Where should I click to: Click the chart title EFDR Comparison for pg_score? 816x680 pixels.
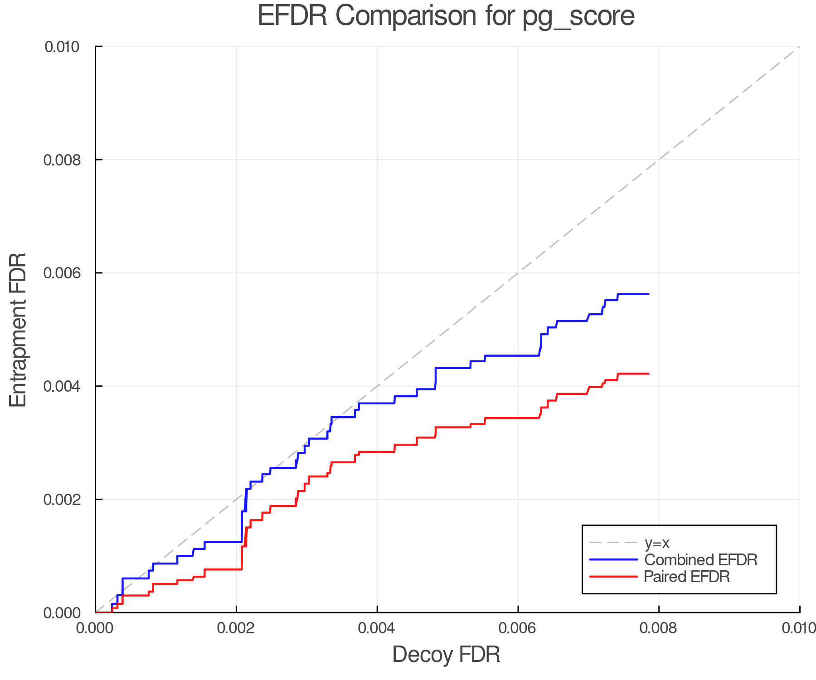point(446,16)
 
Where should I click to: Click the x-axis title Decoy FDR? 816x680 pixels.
point(446,655)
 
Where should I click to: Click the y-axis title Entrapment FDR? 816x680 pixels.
point(18,330)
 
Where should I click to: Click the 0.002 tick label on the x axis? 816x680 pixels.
point(236,628)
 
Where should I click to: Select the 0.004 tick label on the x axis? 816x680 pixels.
point(377,628)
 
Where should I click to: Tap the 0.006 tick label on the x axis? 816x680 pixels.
point(518,628)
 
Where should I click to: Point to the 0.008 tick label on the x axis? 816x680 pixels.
point(659,628)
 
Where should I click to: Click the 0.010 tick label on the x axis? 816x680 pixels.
point(799,628)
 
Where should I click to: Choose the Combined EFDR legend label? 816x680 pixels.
point(701,560)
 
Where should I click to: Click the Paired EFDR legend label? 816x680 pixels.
point(687,577)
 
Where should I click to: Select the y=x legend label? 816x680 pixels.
point(657,543)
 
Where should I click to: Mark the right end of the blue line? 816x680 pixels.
point(649,294)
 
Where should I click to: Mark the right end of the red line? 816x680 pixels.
point(649,374)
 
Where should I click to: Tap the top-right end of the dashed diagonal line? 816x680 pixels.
point(799,47)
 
